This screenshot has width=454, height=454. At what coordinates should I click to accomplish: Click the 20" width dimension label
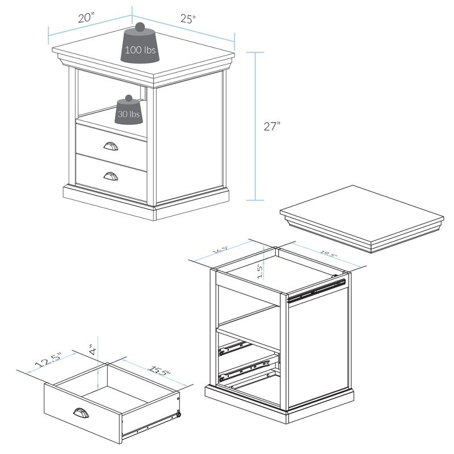pyautogui.click(x=86, y=18)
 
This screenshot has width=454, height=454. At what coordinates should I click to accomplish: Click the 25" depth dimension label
pyautogui.click(x=188, y=19)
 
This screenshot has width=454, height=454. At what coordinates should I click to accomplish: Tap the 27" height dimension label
pyautogui.click(x=272, y=126)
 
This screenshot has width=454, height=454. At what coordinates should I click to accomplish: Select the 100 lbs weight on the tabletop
pyautogui.click(x=140, y=48)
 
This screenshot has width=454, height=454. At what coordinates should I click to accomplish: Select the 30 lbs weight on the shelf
pyautogui.click(x=129, y=112)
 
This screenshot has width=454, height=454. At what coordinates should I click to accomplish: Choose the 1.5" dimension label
pyautogui.click(x=259, y=271)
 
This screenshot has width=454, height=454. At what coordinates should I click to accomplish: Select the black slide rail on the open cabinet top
pyautogui.click(x=315, y=288)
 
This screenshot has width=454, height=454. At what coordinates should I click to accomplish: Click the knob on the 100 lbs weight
pyautogui.click(x=139, y=28)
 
